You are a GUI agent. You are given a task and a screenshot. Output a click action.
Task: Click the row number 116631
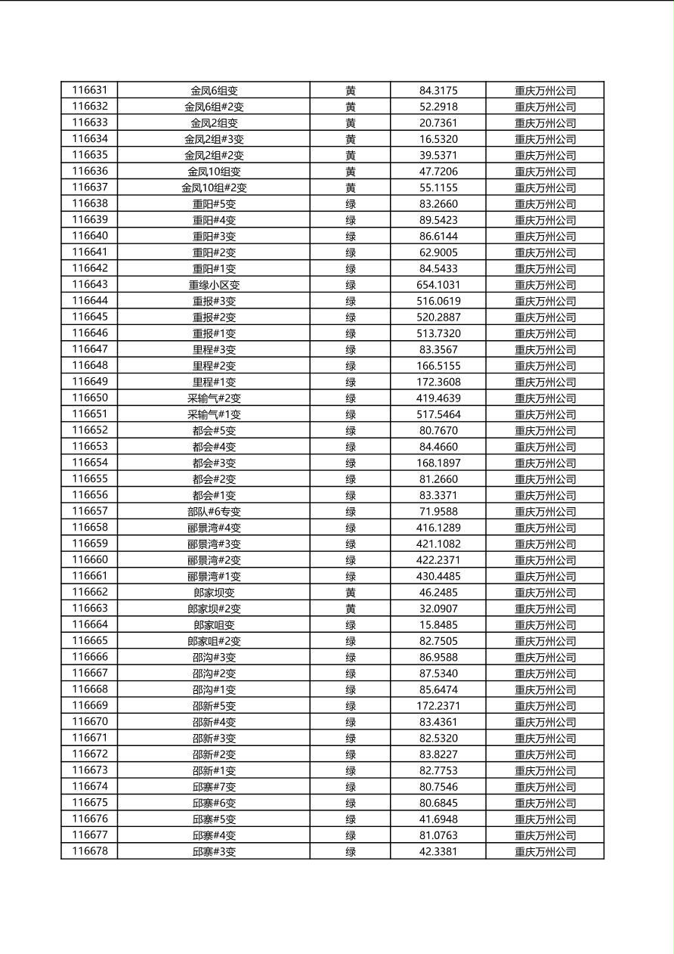point(89,91)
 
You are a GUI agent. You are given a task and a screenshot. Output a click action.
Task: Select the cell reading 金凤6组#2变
point(214,107)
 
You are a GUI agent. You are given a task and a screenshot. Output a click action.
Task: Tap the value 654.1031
point(438,285)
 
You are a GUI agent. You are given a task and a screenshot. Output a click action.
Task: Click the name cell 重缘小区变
point(214,285)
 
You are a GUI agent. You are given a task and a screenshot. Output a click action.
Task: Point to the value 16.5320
point(438,139)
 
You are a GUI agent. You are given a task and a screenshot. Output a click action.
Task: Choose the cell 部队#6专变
point(214,512)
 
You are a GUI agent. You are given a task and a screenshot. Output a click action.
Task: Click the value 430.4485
point(438,576)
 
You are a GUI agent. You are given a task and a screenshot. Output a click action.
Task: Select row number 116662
point(89,593)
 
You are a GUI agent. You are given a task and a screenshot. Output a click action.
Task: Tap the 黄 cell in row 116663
point(351,609)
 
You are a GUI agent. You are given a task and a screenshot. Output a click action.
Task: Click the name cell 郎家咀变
point(214,625)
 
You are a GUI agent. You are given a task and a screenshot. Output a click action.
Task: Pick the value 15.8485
point(438,625)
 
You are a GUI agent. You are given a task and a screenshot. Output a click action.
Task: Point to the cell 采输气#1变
point(214,414)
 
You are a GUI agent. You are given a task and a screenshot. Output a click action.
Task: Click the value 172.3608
point(438,382)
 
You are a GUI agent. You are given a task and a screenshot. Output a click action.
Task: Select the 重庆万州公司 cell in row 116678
point(545,852)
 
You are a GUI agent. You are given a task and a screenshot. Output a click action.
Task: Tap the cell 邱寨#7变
point(214,787)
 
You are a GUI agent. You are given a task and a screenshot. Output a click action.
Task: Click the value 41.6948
point(438,819)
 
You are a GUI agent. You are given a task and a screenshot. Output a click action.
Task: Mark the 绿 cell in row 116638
point(351,204)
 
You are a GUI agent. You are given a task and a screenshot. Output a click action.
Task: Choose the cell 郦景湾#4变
point(214,528)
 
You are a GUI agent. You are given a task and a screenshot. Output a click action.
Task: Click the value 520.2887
point(438,317)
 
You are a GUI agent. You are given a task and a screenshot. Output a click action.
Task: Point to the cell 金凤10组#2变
point(214,187)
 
